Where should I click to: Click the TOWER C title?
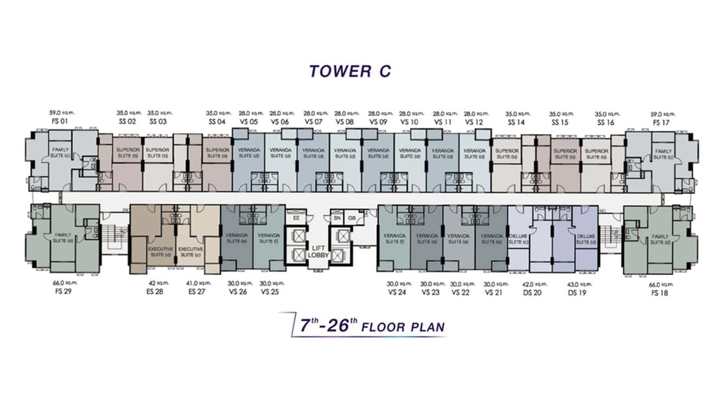pyautogui.click(x=349, y=71)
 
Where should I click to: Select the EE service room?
pyautogui.click(x=296, y=218)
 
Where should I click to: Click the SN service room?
pyautogui.click(x=336, y=218)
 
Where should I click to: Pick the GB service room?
pyautogui.click(x=352, y=218)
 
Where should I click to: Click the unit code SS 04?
pyautogui.click(x=216, y=122)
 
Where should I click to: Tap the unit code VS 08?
pyautogui.click(x=344, y=122)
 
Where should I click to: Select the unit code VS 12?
pyautogui.click(x=474, y=122)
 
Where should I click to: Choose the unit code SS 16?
pyautogui.click(x=605, y=122)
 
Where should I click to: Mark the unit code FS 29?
pyautogui.click(x=63, y=291)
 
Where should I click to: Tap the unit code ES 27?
pyautogui.click(x=196, y=291)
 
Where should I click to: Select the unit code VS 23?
pyautogui.click(x=430, y=291)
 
